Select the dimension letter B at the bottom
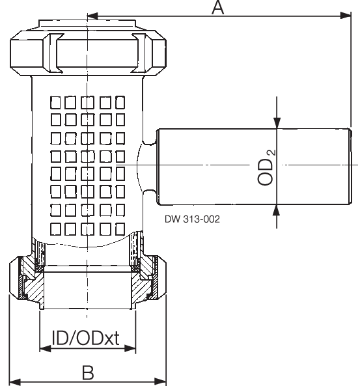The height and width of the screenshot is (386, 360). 88,372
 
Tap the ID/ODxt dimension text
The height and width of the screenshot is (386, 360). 88,338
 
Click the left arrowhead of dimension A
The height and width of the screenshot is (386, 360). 92,15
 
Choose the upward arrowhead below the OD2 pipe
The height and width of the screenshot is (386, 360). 277,209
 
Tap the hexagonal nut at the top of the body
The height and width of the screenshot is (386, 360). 87,51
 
